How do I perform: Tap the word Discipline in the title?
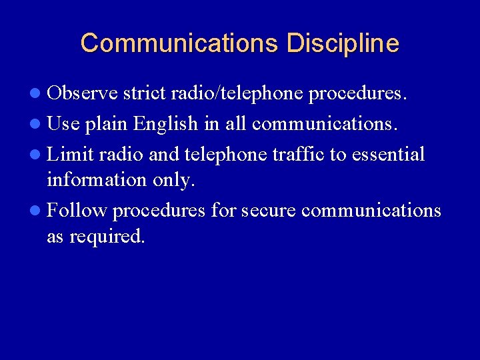343,43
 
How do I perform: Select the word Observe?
83,93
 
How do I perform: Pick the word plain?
109,124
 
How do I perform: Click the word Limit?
71,155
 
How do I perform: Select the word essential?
388,155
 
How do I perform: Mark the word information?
96,180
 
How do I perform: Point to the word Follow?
77,211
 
